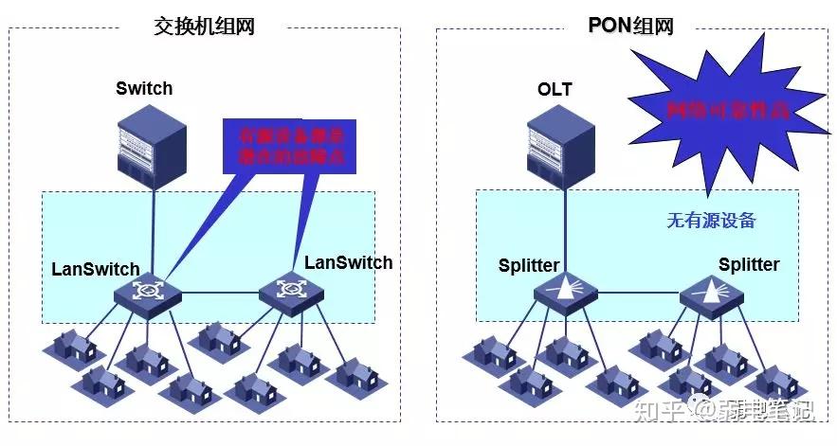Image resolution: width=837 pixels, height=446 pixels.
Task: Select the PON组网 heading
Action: (x=631, y=27)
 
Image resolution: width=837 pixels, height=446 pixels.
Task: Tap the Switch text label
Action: (x=144, y=89)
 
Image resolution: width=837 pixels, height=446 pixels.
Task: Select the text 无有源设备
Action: (x=711, y=221)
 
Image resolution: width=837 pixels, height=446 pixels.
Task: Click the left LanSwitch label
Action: (x=96, y=269)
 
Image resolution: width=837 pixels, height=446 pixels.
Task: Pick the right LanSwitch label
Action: (x=348, y=262)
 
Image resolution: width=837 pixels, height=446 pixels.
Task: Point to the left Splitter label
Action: (x=529, y=266)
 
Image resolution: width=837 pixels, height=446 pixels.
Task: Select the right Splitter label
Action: (x=749, y=264)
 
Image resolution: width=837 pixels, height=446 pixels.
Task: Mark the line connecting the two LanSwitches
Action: (x=220, y=293)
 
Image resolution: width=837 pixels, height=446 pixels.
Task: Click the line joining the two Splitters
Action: (x=639, y=294)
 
